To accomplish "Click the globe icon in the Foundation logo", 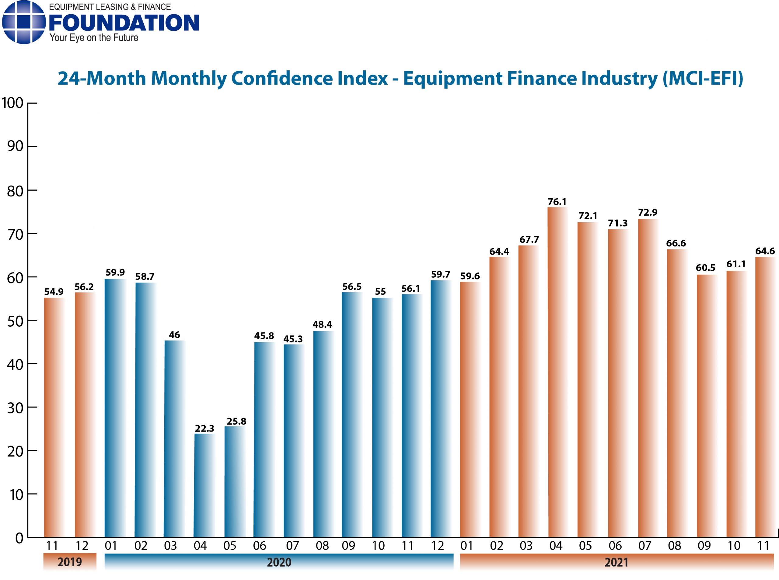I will point(23,22).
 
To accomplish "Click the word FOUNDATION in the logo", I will point(124,23).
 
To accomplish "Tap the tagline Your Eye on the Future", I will point(93,38).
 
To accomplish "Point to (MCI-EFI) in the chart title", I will point(702,78).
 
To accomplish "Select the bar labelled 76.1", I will point(557,372).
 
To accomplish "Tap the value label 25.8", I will point(236,421).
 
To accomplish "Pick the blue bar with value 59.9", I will point(114,407).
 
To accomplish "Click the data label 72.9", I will point(648,212).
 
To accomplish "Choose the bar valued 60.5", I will point(706,405).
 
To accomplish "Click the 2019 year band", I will point(70,562).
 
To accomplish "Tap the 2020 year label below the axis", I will point(279,562).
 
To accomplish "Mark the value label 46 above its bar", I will point(174,335).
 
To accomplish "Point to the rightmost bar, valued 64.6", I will point(765,397).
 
